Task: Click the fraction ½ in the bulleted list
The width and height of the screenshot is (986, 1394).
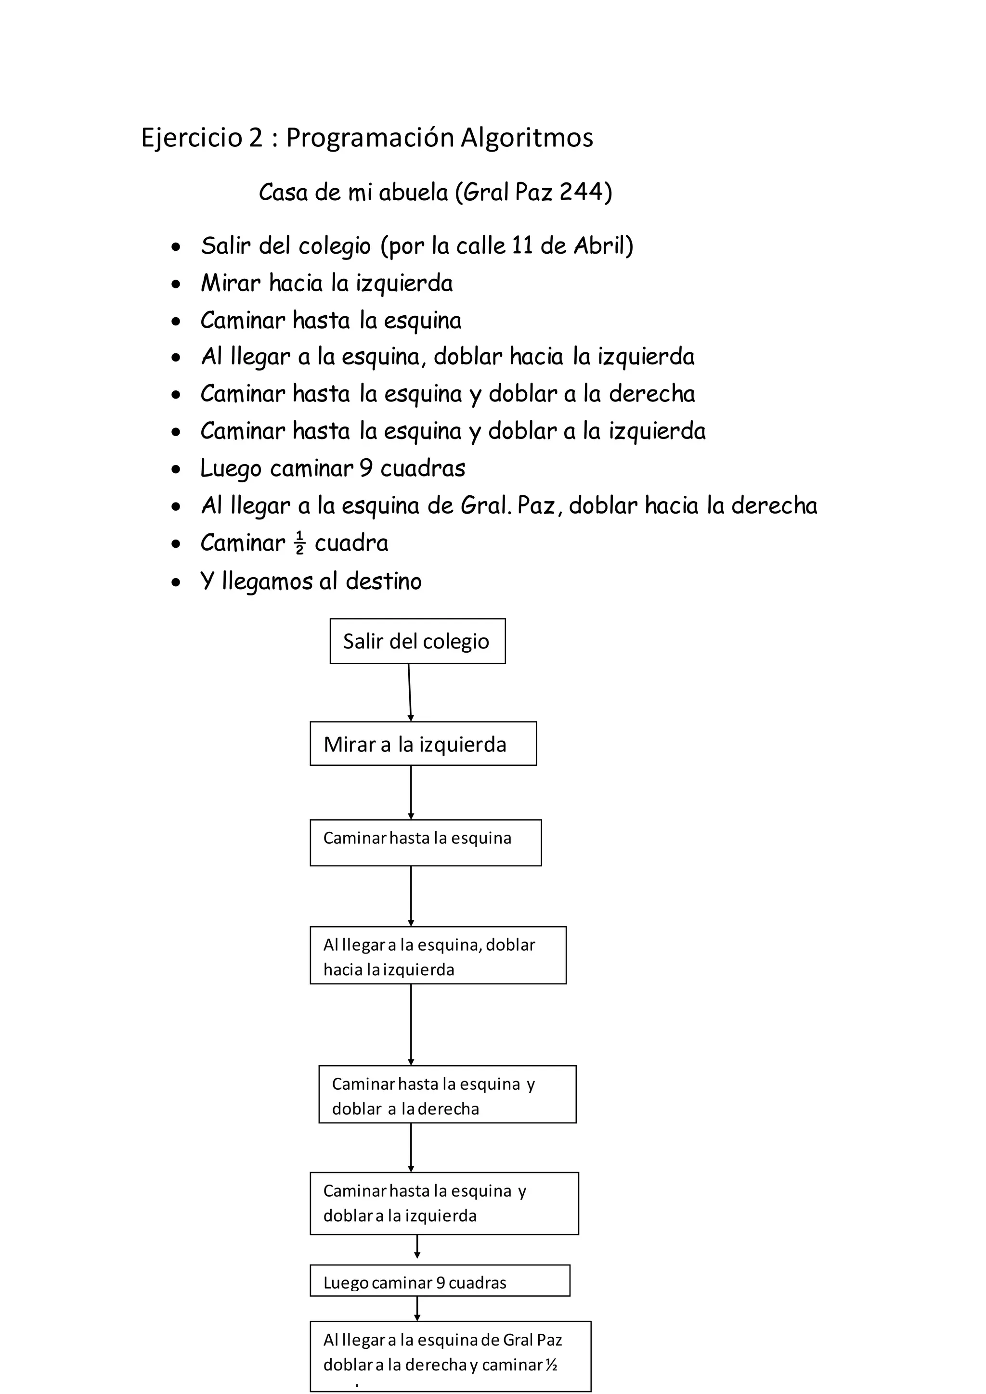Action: pyautogui.click(x=299, y=543)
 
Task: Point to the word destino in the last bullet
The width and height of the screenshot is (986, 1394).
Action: pyautogui.click(x=383, y=581)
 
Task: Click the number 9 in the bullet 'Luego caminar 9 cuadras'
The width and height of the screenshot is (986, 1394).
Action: pyautogui.click(x=365, y=468)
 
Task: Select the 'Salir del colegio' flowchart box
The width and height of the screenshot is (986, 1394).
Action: pyautogui.click(x=417, y=641)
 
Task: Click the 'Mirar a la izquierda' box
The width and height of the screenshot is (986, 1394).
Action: pyautogui.click(x=423, y=744)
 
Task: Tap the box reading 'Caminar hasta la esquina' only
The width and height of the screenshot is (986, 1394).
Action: pyautogui.click(x=425, y=843)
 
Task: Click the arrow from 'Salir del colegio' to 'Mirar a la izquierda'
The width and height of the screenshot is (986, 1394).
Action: pyautogui.click(x=410, y=692)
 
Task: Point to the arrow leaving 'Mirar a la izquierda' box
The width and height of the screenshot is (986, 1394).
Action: pyautogui.click(x=411, y=792)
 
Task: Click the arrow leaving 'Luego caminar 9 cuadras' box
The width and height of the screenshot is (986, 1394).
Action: pyautogui.click(x=417, y=1308)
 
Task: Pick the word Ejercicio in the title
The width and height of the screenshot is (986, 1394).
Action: pyautogui.click(x=191, y=138)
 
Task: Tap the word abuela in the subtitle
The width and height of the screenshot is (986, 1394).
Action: pyautogui.click(x=413, y=192)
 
